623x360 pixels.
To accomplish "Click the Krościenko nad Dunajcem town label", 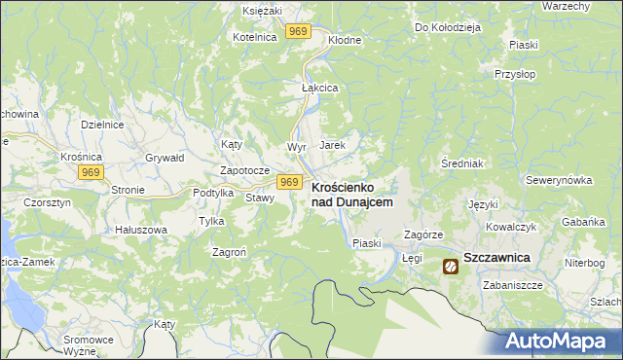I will coord(351,194).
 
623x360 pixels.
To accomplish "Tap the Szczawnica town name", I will coord(496,257).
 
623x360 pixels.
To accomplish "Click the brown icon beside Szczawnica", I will coord(451,266).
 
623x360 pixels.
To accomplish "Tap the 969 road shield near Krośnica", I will coord(91,172).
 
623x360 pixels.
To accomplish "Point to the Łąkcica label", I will coord(318,87).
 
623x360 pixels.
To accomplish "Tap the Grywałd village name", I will coord(164,156).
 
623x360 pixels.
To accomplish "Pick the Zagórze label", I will coord(423,235).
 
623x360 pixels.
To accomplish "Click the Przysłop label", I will coord(516,73).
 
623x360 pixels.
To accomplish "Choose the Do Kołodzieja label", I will coord(448,27).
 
